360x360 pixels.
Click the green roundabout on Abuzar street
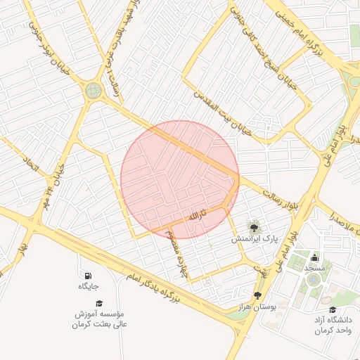point(93,90)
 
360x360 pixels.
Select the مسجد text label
point(314,269)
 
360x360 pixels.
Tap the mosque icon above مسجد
point(314,257)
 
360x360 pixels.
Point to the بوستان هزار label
point(274,307)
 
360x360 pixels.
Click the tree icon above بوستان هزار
point(257,295)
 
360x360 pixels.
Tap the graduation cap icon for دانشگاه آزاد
point(332,309)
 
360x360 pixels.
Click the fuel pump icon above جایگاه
point(88,276)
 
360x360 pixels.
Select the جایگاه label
point(88,287)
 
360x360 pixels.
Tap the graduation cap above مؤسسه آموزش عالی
point(99,303)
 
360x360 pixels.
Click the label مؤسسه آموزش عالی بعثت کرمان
point(99,319)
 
